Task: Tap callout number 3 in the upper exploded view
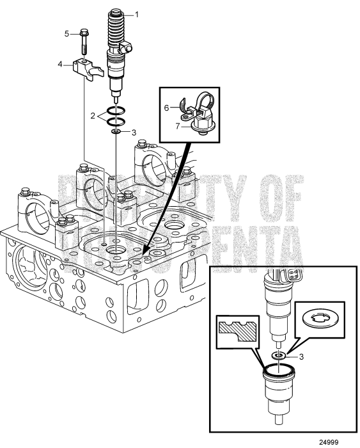(134, 132)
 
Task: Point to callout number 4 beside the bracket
(61, 64)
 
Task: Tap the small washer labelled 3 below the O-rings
(116, 132)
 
